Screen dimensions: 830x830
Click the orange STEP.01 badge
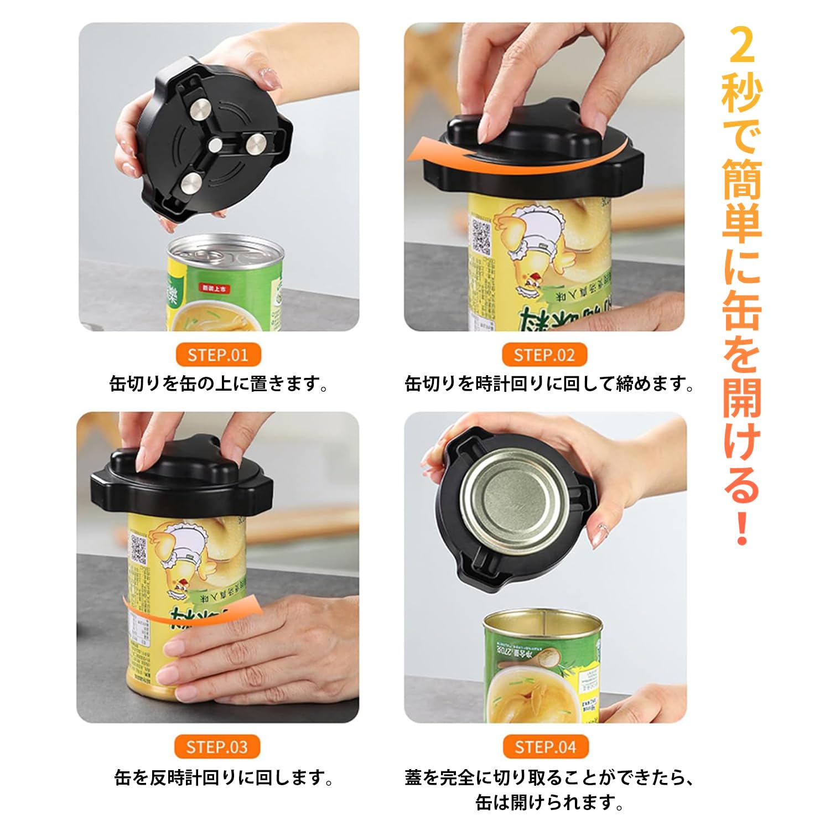217,355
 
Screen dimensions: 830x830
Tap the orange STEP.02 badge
544,355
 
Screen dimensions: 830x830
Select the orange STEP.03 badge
217,747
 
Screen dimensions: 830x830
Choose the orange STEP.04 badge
545,747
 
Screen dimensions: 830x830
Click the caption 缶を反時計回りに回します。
224,777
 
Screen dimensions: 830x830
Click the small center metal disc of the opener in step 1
215,144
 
